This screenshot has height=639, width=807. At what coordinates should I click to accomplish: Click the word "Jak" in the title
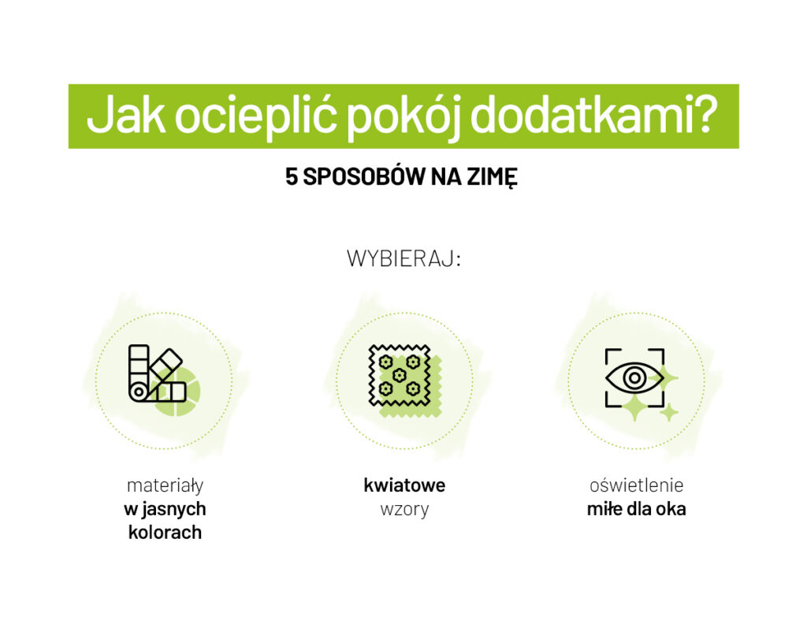(125, 117)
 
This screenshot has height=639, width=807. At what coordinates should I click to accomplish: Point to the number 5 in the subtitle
(292, 177)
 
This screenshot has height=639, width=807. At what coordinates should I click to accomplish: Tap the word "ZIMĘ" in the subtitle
(494, 178)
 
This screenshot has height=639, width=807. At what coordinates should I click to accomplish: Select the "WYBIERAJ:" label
(403, 259)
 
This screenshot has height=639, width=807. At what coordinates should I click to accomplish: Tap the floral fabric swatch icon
(403, 378)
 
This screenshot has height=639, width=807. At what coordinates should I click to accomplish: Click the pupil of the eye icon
(634, 378)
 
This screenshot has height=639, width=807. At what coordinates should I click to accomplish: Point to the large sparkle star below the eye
(634, 407)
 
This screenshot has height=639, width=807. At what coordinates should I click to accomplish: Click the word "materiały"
(165, 485)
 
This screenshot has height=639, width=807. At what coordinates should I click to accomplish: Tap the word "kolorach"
(165, 533)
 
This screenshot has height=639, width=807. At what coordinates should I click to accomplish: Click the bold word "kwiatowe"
(404, 485)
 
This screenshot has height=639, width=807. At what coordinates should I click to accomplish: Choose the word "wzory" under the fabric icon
(404, 509)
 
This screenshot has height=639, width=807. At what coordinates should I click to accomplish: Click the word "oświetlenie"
(636, 485)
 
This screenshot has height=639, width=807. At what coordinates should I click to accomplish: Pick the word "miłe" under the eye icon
(604, 509)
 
